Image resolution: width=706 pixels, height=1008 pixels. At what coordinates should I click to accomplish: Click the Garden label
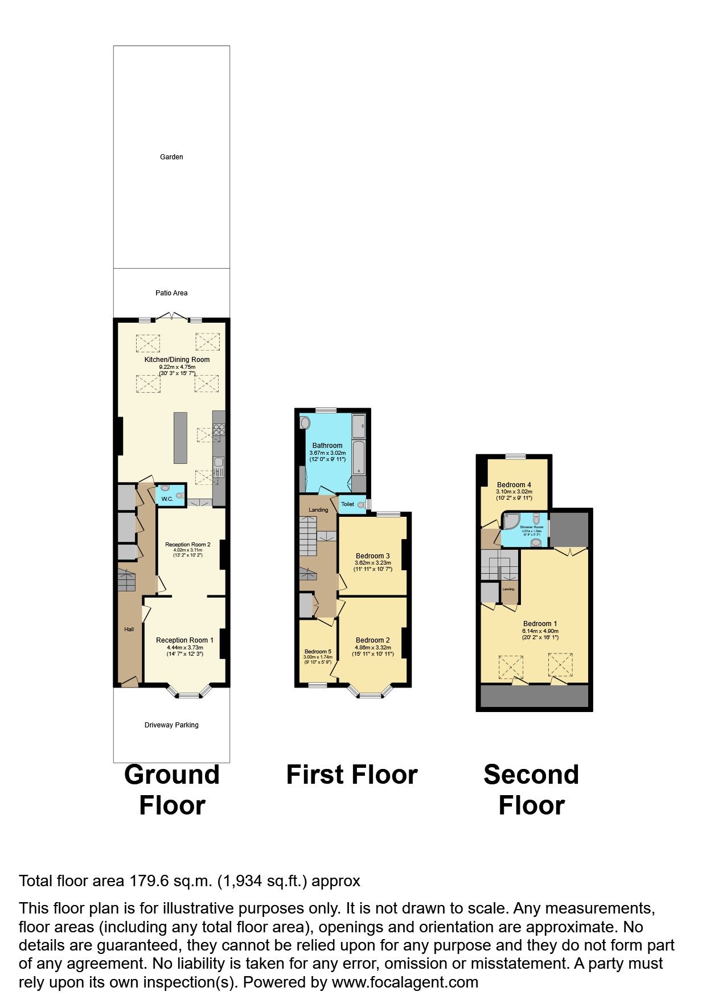click(x=171, y=157)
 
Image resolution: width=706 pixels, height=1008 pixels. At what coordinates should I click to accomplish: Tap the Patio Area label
click(x=171, y=293)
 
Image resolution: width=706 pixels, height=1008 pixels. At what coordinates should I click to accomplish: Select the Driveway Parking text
click(x=171, y=725)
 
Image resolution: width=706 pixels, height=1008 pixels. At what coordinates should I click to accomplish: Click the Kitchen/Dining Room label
click(x=176, y=359)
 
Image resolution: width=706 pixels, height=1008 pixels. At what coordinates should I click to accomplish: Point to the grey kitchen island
click(x=180, y=437)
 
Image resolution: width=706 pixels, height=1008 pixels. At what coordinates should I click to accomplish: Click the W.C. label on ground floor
click(x=167, y=499)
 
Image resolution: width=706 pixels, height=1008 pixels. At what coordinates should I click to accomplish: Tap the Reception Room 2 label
click(x=188, y=545)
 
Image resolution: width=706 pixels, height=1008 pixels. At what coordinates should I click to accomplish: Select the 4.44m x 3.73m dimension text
click(x=184, y=648)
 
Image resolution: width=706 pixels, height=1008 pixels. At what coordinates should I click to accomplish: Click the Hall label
click(x=129, y=629)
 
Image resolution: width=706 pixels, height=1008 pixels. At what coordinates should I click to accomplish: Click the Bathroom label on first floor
click(x=327, y=446)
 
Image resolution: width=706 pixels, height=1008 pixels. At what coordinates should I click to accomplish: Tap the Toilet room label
click(x=347, y=504)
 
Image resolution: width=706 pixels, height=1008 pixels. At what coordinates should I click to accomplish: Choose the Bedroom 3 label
click(x=372, y=556)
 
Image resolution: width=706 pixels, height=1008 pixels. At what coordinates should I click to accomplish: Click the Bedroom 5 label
click(x=317, y=651)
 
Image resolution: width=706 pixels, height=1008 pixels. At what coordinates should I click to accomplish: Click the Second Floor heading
click(x=531, y=789)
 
